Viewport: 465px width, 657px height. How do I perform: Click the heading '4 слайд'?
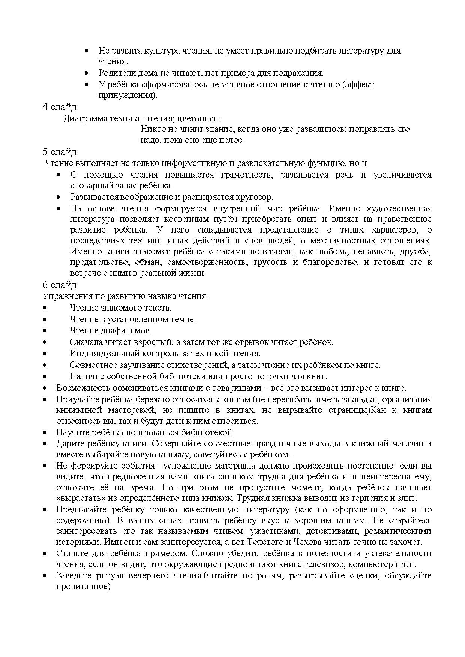(x=59, y=107)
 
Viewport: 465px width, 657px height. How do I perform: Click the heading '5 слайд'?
(x=59, y=152)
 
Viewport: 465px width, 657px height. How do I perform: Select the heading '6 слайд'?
(x=59, y=285)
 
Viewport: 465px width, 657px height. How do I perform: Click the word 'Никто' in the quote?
(x=151, y=129)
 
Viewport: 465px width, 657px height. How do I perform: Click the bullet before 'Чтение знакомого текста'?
(x=45, y=308)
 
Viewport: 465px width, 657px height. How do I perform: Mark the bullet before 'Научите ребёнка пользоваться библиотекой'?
(x=45, y=433)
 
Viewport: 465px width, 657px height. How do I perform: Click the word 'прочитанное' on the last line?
(x=82, y=586)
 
